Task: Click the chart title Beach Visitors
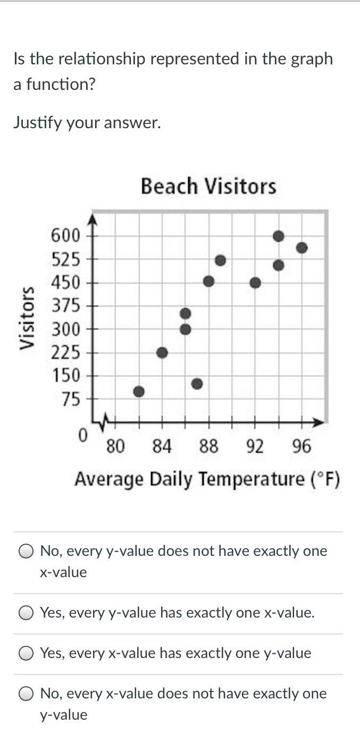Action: [208, 187]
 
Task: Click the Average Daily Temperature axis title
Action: [207, 479]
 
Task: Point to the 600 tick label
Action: [65, 235]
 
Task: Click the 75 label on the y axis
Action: [70, 399]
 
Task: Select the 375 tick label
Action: [65, 306]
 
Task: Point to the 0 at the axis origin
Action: [82, 436]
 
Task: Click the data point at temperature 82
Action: [139, 391]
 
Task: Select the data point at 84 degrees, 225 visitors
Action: [163, 353]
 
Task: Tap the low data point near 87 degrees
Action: [197, 384]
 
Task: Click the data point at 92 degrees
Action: [255, 282]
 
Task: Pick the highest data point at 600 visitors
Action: [278, 236]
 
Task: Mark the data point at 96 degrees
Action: [302, 247]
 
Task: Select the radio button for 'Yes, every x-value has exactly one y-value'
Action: [26, 654]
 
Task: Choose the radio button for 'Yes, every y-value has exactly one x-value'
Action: [26, 613]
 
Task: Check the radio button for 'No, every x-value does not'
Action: [26, 694]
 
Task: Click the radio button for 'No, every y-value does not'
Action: [26, 552]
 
